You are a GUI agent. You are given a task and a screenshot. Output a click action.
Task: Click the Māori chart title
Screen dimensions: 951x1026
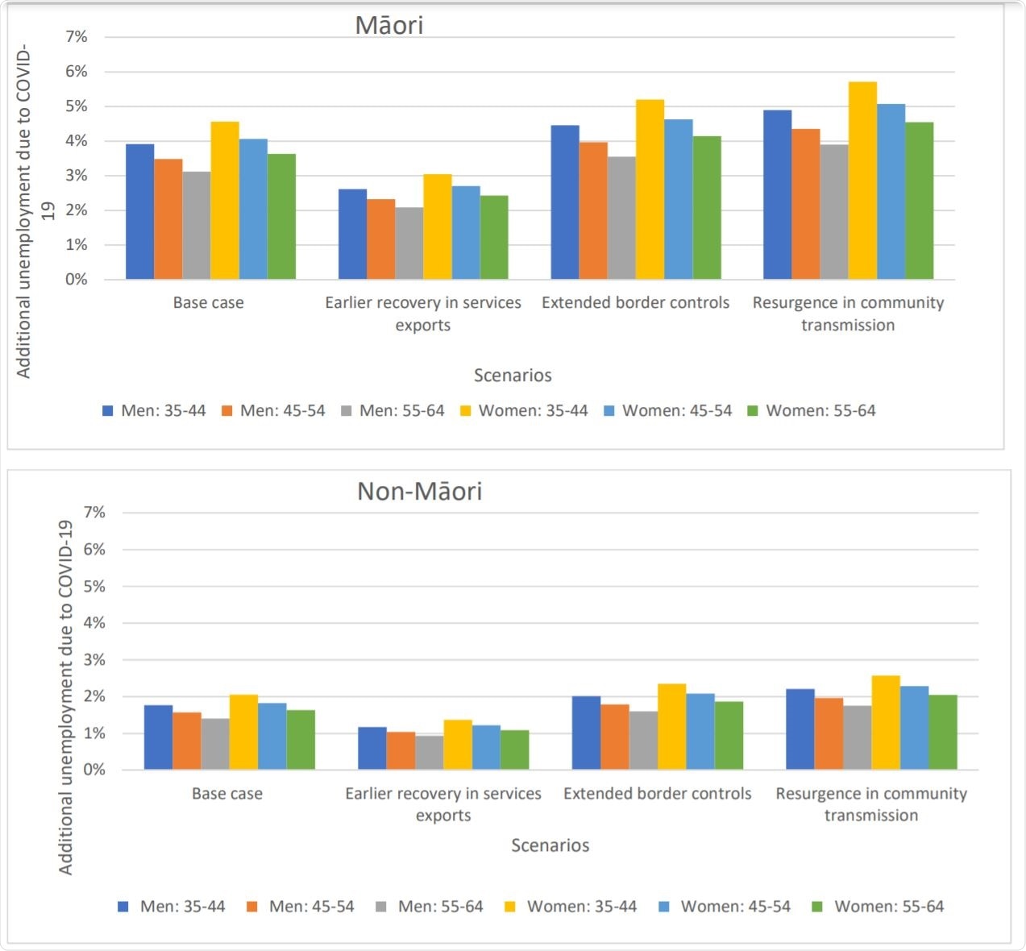click(388, 25)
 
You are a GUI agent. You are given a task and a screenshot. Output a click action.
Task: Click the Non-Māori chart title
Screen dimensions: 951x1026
click(419, 491)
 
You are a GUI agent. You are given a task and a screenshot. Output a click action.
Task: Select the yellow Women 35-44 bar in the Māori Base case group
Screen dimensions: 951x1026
click(225, 201)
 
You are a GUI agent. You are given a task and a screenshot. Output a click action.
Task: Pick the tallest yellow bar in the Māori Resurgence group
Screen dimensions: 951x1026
click(862, 181)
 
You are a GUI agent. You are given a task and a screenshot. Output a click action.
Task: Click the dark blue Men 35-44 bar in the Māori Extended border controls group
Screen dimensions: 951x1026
click(564, 202)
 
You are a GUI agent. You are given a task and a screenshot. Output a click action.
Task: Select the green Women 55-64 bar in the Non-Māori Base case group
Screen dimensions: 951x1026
click(301, 740)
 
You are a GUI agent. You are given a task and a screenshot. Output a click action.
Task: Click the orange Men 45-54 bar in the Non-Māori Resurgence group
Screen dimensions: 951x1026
click(829, 733)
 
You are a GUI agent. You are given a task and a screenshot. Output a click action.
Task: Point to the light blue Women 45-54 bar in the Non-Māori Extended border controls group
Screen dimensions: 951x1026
click(700, 731)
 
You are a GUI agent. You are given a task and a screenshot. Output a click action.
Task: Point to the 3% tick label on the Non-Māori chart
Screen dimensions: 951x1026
click(94, 660)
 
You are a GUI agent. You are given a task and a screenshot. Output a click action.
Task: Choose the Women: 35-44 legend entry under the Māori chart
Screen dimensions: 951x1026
click(524, 411)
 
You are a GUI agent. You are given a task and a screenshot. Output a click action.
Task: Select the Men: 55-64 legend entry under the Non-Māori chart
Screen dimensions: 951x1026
click(430, 907)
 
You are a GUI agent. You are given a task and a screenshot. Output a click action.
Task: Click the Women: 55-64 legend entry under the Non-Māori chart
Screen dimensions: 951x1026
click(878, 907)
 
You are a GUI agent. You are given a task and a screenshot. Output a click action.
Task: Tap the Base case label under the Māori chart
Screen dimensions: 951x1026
click(208, 303)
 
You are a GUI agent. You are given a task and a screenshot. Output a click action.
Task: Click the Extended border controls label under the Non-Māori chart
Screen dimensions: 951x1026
click(657, 794)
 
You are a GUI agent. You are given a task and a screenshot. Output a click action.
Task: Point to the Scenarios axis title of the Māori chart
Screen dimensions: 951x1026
click(513, 376)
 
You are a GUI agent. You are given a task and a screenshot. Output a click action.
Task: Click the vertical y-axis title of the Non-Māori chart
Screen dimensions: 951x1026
click(65, 697)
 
